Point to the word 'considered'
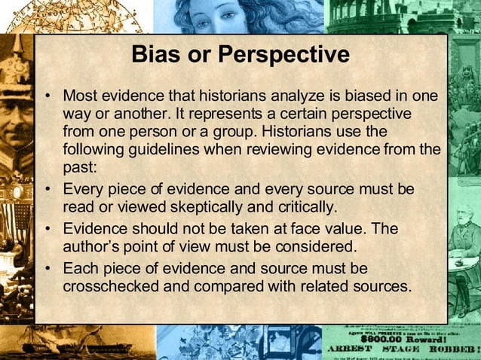pyautogui.click(x=307, y=246)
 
